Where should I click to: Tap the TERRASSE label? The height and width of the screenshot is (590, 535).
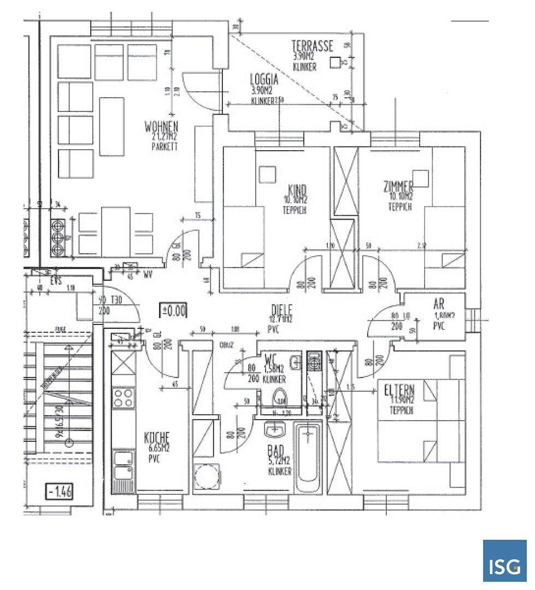coord(312,46)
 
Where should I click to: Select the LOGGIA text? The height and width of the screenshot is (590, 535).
coord(264,80)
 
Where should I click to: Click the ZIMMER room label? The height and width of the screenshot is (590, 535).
coord(398,187)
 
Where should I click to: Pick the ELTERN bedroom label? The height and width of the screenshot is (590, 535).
coord(399,391)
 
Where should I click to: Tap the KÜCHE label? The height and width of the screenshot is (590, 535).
coord(157,438)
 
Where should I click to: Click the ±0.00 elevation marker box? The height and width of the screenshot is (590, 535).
coord(174,311)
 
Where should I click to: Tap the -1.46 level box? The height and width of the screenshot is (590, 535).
coord(60,491)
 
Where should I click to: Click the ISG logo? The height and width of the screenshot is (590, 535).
coord(504,560)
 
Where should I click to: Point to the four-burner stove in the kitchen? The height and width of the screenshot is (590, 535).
coord(123,397)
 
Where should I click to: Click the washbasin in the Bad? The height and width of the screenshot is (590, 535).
coord(275,430)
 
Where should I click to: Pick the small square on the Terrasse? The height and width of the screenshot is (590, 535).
coord(334,63)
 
